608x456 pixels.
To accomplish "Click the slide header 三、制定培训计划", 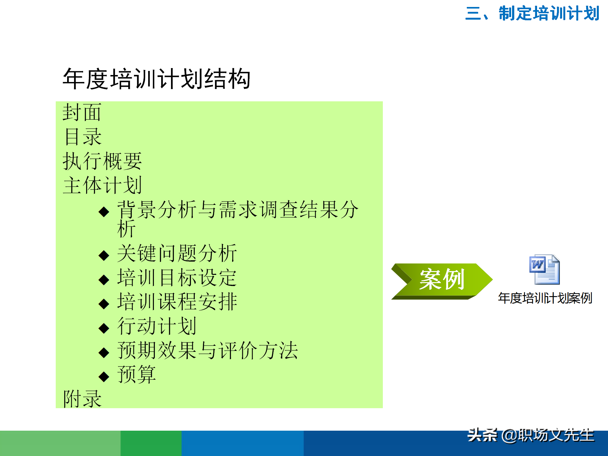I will click(532, 13).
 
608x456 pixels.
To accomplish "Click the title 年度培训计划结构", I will click(156, 79).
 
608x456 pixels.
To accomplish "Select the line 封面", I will click(82, 112).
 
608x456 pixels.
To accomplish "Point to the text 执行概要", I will click(102, 161).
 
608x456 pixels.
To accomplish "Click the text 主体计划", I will click(102, 185).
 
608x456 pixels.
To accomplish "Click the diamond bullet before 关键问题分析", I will click(104, 255).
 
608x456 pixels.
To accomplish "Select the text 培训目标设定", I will click(177, 278).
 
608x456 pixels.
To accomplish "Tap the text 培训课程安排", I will click(177, 302).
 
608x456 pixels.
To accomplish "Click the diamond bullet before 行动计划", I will click(104, 328).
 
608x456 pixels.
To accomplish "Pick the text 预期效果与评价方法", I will click(207, 351).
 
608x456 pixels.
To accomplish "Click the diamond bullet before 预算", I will click(104, 377).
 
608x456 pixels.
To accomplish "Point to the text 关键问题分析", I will click(177, 253).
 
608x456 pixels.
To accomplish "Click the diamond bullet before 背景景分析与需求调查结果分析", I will click(104, 212).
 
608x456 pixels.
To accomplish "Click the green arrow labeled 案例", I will click(441, 280).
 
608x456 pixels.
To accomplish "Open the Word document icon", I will click(544, 269).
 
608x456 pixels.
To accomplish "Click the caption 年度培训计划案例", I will click(545, 298).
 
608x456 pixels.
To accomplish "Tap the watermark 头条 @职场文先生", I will click(531, 435).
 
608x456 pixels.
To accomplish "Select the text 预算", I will click(136, 375).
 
